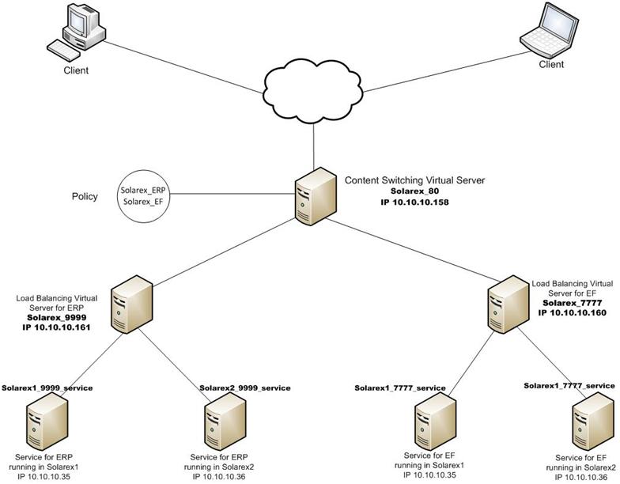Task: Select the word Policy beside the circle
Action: tap(84, 196)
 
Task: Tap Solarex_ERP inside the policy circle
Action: tap(146, 191)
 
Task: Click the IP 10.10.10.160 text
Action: tap(573, 312)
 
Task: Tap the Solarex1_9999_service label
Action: tap(47, 388)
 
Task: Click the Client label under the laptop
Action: tap(551, 65)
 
